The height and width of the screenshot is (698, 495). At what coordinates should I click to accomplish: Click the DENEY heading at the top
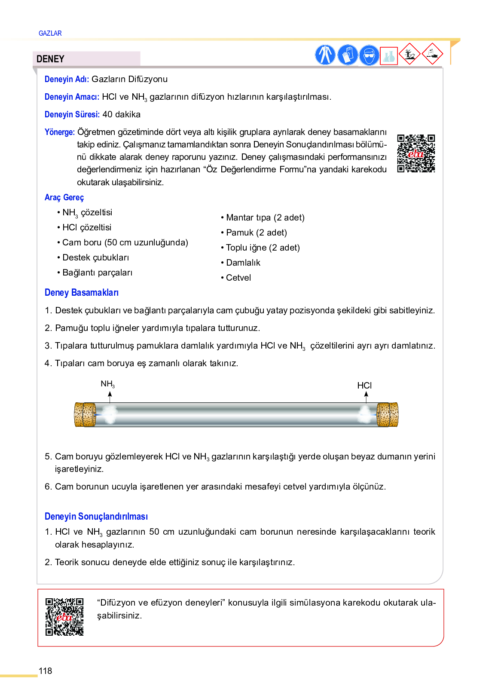(50, 59)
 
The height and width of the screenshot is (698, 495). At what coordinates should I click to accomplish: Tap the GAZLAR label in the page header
(50, 33)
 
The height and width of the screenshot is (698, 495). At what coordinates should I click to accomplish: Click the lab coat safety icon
(325, 55)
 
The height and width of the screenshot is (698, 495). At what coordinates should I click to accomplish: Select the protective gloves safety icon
(347, 55)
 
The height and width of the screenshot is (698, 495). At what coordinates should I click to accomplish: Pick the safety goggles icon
(369, 55)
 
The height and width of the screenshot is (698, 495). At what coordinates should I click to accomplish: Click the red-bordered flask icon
(389, 56)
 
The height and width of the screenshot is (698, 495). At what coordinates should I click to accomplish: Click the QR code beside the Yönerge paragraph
(416, 153)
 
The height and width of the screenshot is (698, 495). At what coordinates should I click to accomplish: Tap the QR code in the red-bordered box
(64, 617)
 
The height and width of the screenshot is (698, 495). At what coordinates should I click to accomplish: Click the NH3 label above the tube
(107, 384)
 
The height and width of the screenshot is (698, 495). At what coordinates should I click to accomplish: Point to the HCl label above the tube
(364, 386)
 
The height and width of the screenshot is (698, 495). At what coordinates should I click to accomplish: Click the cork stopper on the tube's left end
(85, 415)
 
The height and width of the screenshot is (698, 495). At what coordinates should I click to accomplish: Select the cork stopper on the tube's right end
(388, 415)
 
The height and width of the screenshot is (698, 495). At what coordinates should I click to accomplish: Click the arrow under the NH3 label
(110, 397)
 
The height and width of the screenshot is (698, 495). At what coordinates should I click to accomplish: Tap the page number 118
(45, 671)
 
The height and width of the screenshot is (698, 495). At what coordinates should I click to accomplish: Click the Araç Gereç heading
(64, 197)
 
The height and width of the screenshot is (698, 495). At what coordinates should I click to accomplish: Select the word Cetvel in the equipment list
(238, 278)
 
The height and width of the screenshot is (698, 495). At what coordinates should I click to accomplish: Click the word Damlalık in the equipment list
(243, 263)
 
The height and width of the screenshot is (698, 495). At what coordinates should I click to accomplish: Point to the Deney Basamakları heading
(82, 293)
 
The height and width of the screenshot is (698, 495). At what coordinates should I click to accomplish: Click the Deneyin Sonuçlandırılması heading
(96, 517)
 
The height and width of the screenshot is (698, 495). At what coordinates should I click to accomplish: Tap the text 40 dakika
(122, 114)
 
